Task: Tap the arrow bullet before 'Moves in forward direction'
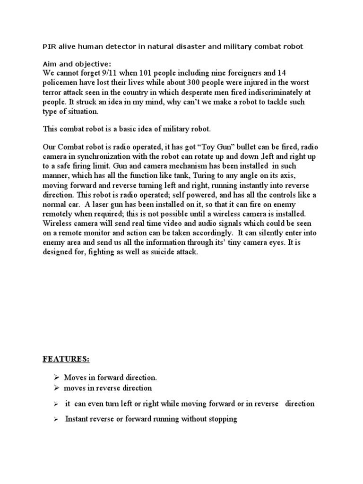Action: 56,378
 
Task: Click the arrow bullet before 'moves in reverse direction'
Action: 56,388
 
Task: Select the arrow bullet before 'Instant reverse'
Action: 56,419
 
